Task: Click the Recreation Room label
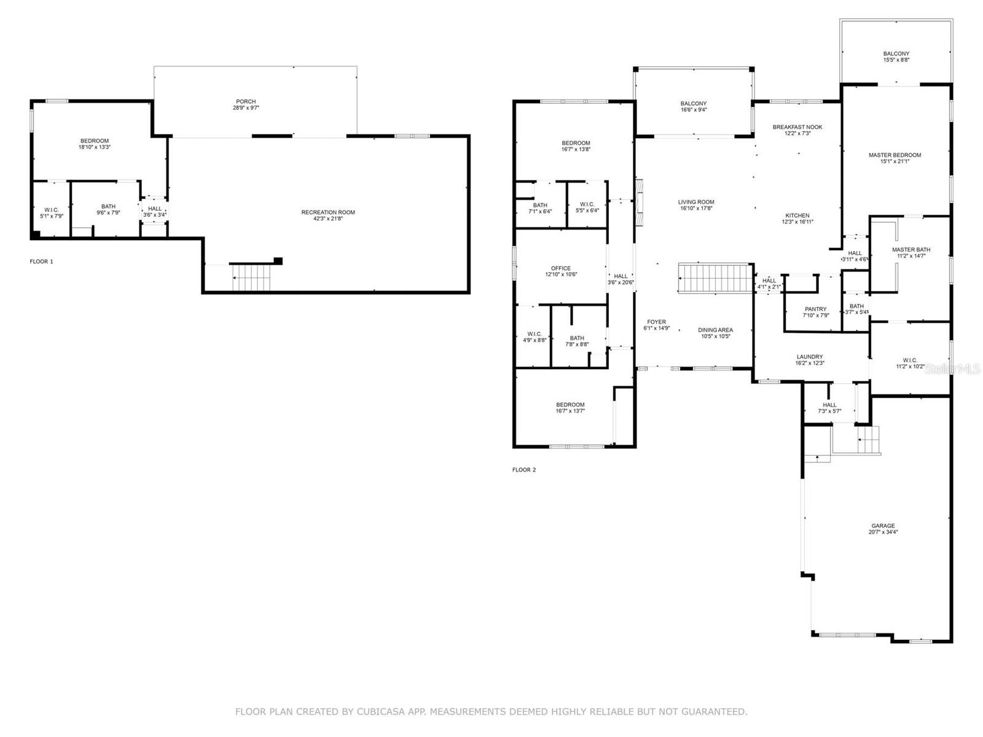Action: click(328, 213)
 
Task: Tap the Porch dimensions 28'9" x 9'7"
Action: click(246, 108)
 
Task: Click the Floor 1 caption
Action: click(42, 262)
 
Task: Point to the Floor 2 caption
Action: click(524, 470)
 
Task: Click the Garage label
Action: click(883, 526)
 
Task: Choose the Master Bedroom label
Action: click(895, 155)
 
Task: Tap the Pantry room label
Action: click(816, 310)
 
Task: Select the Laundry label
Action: click(810, 357)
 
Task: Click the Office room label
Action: click(561, 268)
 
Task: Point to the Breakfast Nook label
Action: click(797, 127)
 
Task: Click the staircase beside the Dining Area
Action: click(716, 278)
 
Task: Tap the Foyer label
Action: click(656, 322)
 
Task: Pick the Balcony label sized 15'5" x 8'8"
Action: click(896, 54)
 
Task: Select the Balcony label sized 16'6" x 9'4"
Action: click(694, 104)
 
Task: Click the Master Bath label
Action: click(911, 249)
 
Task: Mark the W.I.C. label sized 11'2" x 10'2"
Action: click(910, 361)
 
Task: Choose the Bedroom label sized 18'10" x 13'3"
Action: click(94, 141)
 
